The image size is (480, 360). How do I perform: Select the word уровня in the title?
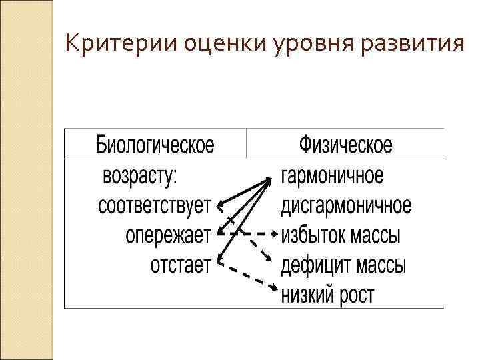299,44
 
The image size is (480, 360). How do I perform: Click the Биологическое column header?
155,145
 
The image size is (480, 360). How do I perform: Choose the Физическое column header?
346,145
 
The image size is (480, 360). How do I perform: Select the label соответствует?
154,205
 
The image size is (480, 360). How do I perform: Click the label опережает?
167,235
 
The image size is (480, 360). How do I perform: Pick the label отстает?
180,265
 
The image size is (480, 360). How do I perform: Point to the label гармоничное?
332,177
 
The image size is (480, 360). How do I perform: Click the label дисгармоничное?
345,205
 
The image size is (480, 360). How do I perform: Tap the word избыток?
311,235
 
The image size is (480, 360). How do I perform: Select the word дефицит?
311,265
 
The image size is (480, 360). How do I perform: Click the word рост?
357,293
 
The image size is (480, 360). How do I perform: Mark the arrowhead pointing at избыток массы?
275,234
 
